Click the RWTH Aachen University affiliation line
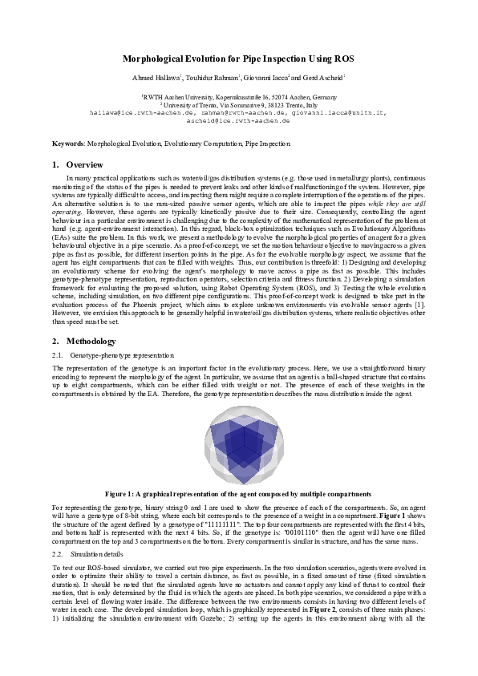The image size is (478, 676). [x=238, y=95]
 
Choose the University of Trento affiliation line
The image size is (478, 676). [x=238, y=104]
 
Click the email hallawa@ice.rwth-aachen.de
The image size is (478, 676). [x=137, y=113]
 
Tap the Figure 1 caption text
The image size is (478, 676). [x=238, y=494]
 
